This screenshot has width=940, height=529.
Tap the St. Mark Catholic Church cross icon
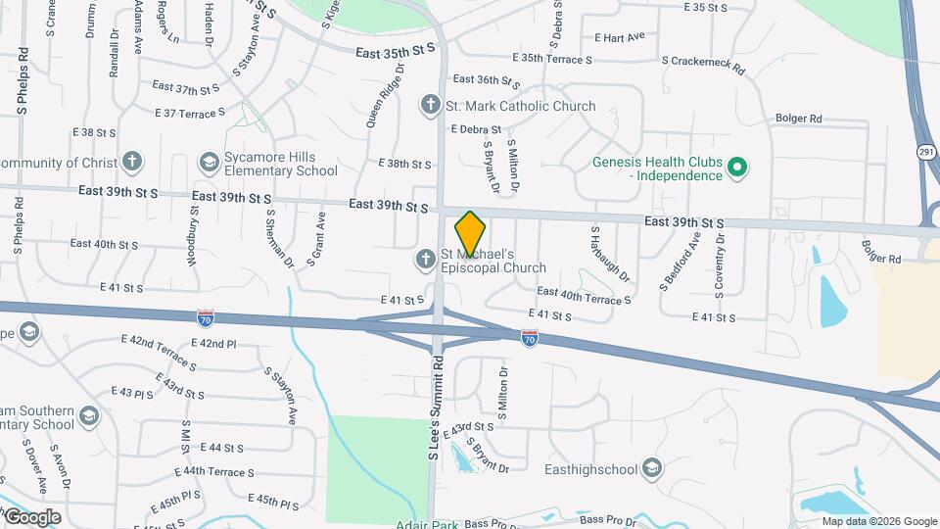point(429,105)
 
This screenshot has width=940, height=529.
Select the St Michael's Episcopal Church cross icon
point(425,260)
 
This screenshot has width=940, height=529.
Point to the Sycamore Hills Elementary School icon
point(208,162)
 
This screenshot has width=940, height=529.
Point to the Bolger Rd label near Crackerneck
point(798,119)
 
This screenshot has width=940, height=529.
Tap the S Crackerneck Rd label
point(703,71)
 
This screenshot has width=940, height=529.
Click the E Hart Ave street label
point(619,37)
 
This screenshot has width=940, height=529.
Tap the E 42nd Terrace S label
point(159,354)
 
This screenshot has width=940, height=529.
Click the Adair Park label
point(428,524)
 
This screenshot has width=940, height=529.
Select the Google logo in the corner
point(31,516)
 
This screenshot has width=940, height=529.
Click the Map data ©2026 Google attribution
point(878,521)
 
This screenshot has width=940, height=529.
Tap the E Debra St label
point(476,128)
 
